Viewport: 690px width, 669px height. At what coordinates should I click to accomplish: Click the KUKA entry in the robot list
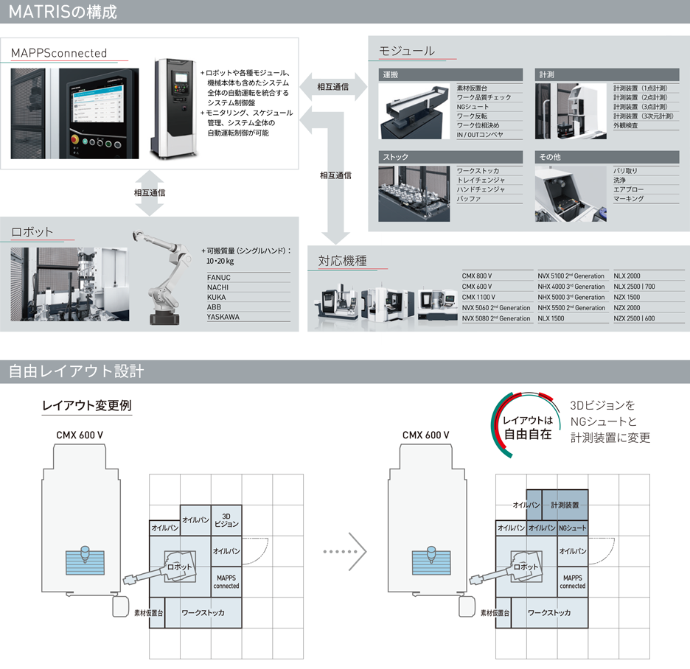pyautogui.click(x=216, y=298)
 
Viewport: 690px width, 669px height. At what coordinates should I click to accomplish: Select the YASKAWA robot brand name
pyautogui.click(x=223, y=317)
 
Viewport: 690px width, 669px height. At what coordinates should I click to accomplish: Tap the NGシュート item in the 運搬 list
pyautogui.click(x=473, y=107)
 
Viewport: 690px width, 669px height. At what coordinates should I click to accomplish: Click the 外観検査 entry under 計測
pyautogui.click(x=625, y=125)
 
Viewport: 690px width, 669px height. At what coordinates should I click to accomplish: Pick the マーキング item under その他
pyautogui.click(x=628, y=199)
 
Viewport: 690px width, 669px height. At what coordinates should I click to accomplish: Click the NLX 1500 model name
pyautogui.click(x=551, y=318)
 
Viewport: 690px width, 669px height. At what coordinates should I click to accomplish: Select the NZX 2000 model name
pyautogui.click(x=627, y=308)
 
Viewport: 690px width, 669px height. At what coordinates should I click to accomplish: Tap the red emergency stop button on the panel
pyautogui.click(x=74, y=140)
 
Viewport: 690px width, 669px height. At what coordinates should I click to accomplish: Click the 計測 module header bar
pyautogui.click(x=607, y=74)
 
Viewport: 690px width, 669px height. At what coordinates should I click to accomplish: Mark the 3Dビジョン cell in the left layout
pyautogui.click(x=226, y=520)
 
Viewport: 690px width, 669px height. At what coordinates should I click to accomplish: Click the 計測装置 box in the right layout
pyautogui.click(x=565, y=505)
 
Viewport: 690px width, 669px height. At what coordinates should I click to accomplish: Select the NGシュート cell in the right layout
pyautogui.click(x=573, y=528)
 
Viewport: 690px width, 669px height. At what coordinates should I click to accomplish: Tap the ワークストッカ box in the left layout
pyautogui.click(x=203, y=612)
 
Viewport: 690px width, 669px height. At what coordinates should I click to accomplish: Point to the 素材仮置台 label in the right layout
pyautogui.click(x=495, y=613)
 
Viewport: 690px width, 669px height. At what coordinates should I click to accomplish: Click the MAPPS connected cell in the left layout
pyautogui.click(x=226, y=581)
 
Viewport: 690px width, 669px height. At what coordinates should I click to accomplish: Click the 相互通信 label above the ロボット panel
pyautogui.click(x=150, y=192)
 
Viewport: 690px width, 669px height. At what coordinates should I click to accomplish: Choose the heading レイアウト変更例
pyautogui.click(x=87, y=405)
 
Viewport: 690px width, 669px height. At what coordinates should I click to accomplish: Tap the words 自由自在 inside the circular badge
pyautogui.click(x=528, y=435)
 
